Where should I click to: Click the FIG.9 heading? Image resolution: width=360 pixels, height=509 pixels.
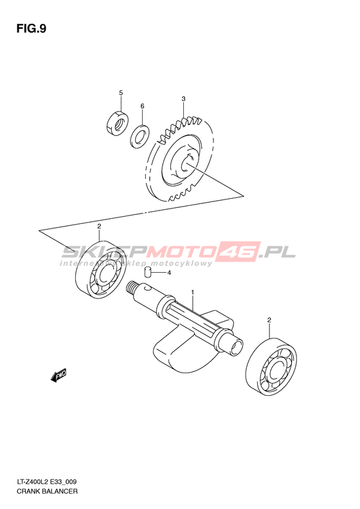click(32, 29)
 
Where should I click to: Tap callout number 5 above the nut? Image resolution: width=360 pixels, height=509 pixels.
click(121, 93)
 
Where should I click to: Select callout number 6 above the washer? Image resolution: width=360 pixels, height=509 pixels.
click(142, 106)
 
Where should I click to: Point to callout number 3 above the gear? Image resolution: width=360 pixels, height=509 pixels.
click(184, 98)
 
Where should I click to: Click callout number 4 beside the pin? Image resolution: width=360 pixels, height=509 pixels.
click(169, 273)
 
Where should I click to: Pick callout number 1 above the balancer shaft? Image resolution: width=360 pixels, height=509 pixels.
click(192, 292)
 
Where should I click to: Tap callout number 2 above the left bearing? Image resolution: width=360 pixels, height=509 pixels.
click(99, 227)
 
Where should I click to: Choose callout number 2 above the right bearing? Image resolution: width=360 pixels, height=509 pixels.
click(269, 320)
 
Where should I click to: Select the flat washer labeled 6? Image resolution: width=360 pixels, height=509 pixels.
click(139, 136)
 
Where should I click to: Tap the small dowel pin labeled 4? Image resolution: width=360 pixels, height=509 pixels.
click(148, 272)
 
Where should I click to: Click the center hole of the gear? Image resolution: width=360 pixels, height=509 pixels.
click(186, 162)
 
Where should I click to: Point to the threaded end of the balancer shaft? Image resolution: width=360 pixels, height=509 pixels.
click(131, 287)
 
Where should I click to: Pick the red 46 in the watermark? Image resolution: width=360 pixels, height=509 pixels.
click(240, 251)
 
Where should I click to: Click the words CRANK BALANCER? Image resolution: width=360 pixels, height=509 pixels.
click(47, 491)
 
